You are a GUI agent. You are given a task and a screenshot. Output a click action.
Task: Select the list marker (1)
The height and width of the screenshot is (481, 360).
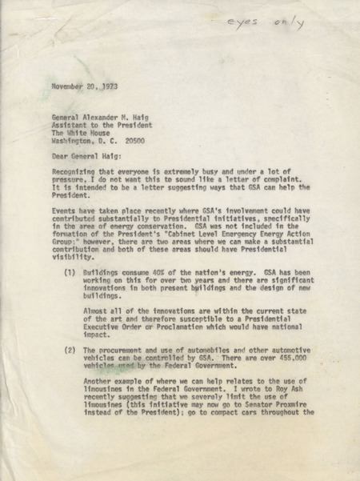coord(69,297)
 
